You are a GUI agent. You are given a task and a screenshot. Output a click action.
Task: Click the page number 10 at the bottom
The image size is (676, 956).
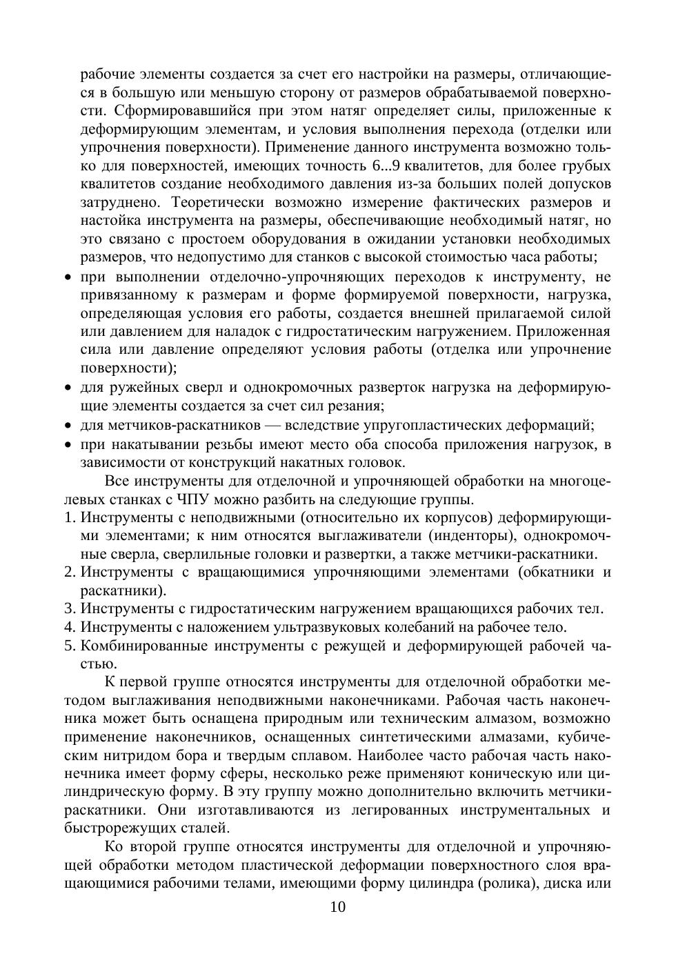tap(338, 906)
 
